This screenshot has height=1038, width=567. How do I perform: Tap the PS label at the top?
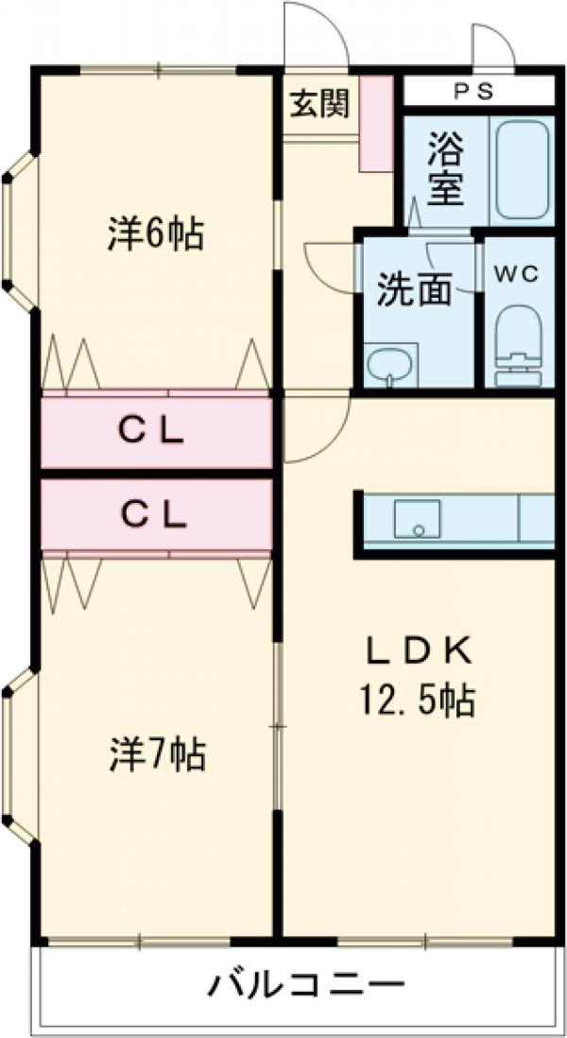478,91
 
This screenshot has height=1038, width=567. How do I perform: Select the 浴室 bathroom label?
445,171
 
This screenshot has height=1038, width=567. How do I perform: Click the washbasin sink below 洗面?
390,364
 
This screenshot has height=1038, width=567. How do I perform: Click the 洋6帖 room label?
155,233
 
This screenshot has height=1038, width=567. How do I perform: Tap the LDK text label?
417,651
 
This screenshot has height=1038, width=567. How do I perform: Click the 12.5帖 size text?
417,701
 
